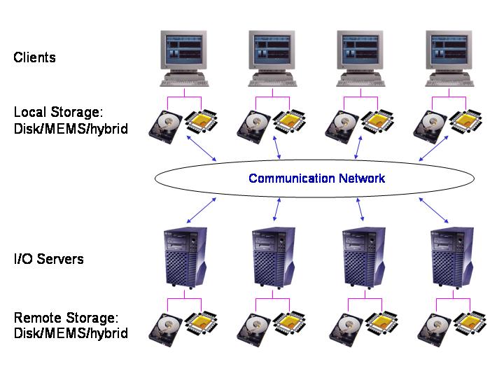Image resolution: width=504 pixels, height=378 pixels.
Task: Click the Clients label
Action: (x=34, y=57)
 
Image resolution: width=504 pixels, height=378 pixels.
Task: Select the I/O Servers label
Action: (x=49, y=259)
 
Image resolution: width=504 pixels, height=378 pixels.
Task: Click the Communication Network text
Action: (x=316, y=178)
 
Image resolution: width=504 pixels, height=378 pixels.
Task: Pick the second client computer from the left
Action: (x=272, y=56)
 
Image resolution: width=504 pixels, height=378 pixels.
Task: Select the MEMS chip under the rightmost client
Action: (x=468, y=123)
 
